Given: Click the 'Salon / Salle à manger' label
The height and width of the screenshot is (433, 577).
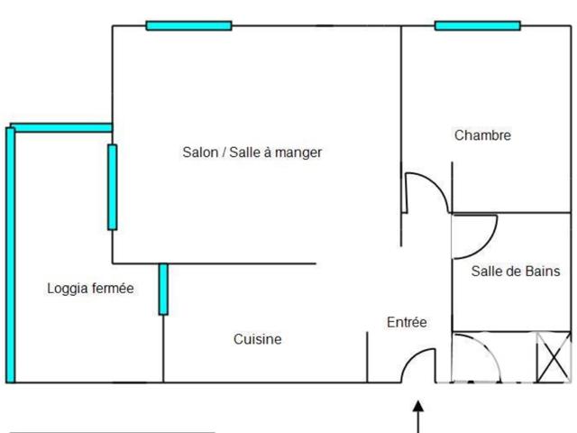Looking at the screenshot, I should tap(252, 152).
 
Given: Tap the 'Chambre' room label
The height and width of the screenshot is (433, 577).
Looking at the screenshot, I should tap(482, 135).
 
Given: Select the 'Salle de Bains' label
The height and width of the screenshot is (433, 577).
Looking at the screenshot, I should tap(516, 271).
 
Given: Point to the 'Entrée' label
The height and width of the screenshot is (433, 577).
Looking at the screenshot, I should tap(407, 322).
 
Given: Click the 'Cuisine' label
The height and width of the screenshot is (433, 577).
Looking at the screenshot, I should tap(258, 339).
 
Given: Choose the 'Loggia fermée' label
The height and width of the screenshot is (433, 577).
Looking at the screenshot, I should tap(90, 289).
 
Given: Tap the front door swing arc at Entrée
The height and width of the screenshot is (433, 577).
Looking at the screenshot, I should tap(416, 362).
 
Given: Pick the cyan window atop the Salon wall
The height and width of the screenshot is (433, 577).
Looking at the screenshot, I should tap(188, 25).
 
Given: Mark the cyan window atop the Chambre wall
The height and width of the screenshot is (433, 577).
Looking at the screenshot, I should tap(477, 25).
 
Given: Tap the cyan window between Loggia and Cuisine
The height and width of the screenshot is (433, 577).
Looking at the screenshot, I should tap(163, 289).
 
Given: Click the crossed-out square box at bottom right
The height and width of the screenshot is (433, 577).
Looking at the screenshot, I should tap(553, 357).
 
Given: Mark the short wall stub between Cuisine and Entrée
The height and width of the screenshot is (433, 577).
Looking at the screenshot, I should tap(367, 356).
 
